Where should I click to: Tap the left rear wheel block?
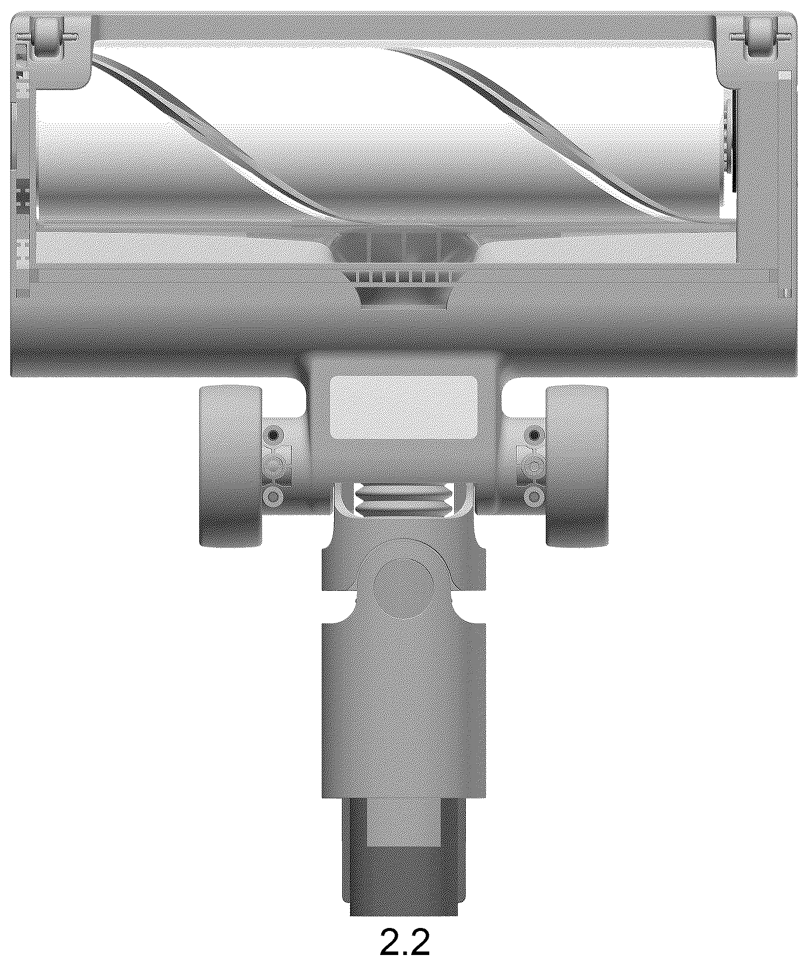231,466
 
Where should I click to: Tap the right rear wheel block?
577,466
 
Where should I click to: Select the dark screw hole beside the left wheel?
274,435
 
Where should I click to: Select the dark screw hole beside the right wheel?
534,435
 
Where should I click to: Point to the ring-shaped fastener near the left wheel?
274,497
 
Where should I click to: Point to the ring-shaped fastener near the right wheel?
534,497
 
